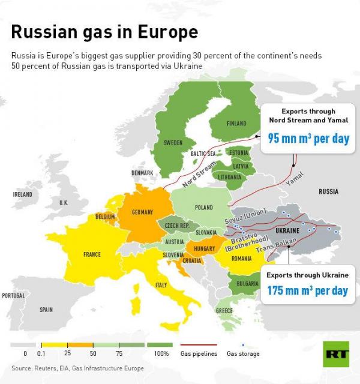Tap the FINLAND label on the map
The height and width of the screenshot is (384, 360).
pyautogui.click(x=236, y=124)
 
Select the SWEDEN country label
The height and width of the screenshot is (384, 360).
pyautogui.click(x=173, y=143)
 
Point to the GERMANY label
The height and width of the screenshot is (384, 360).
pyautogui.click(x=143, y=212)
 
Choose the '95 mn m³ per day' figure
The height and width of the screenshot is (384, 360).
pyautogui.click(x=308, y=139)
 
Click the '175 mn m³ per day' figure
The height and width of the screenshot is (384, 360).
pyautogui.click(x=307, y=291)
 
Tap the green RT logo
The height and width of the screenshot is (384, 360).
pyautogui.click(x=337, y=355)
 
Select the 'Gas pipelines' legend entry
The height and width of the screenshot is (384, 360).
pyautogui.click(x=199, y=354)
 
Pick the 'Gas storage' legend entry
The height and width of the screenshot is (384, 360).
pyautogui.click(x=243, y=354)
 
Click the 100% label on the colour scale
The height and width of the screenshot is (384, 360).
pyautogui.click(x=161, y=354)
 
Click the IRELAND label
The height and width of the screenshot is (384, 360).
pyautogui.click(x=22, y=194)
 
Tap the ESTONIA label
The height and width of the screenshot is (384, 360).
pyautogui.click(x=239, y=152)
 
